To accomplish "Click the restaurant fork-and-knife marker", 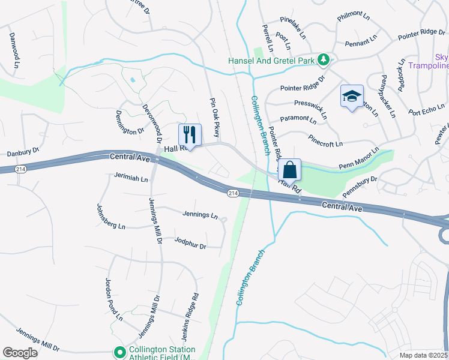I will tap(190, 133).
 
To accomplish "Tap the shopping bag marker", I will tap(289, 169).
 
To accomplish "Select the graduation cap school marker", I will tap(352, 95).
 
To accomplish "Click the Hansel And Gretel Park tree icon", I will tap(324, 59).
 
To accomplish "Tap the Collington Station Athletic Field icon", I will tap(119, 352).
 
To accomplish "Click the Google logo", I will tap(20, 353).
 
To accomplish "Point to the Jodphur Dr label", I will tap(190, 245).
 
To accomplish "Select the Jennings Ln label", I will tap(200, 214).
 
